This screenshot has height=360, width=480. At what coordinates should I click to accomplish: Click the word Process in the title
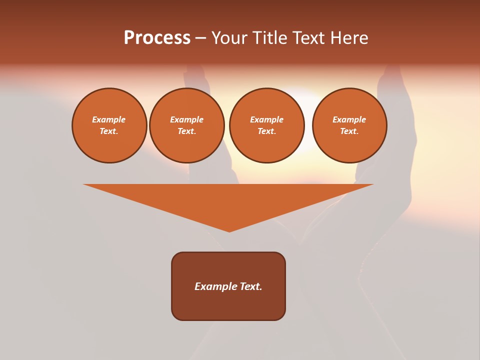coord(157,38)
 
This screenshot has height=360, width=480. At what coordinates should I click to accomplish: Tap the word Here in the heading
coord(348,38)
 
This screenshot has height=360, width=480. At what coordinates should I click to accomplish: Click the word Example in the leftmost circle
coord(109,119)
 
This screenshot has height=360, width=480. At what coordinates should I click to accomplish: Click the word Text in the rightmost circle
coord(348,131)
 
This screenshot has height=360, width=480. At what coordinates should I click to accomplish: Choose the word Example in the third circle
coord(267,119)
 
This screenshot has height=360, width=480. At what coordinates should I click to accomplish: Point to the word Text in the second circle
coord(186,131)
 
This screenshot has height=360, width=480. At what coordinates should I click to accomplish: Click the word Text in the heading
coord(308,38)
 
